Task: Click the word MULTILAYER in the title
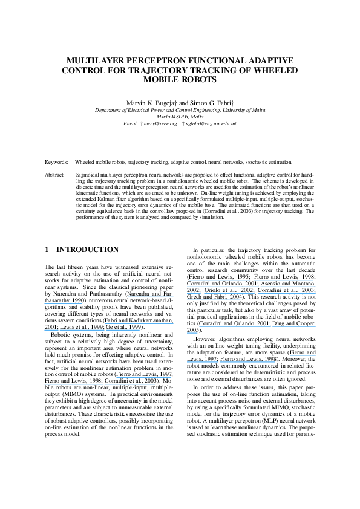97,62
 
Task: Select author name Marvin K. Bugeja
149,104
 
